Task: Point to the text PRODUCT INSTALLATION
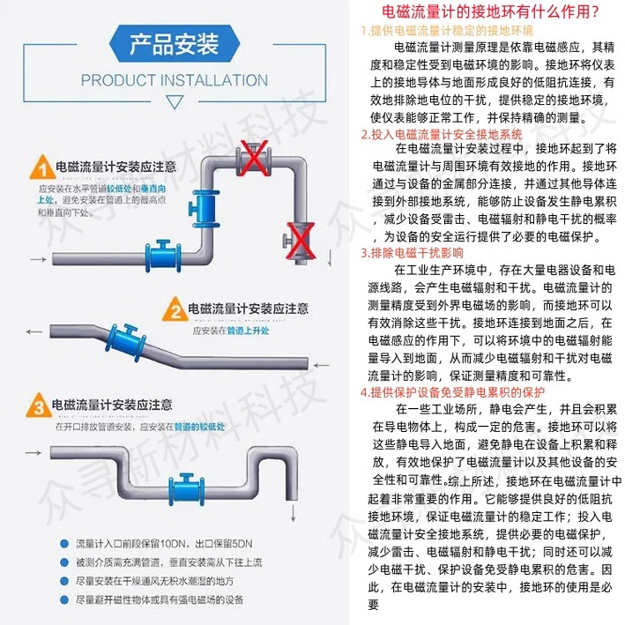(x=175, y=80)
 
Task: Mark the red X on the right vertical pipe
(x=296, y=235)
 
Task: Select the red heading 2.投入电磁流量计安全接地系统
(x=441, y=134)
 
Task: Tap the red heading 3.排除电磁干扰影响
(x=412, y=253)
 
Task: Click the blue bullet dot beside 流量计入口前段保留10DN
(x=64, y=541)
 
